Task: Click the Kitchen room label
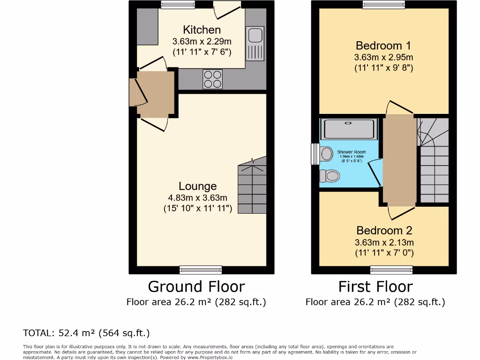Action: point(202,30)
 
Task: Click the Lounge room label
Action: point(197,186)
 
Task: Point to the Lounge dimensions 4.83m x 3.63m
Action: point(197,197)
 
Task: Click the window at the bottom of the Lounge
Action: point(201,270)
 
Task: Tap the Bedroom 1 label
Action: point(383,45)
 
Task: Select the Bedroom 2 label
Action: point(384,231)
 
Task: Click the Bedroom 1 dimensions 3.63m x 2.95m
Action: point(383,57)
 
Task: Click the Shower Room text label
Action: point(351,152)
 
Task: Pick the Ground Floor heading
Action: point(196,286)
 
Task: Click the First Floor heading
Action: point(375,286)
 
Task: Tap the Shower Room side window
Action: point(315,154)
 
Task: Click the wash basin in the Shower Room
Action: point(327,153)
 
